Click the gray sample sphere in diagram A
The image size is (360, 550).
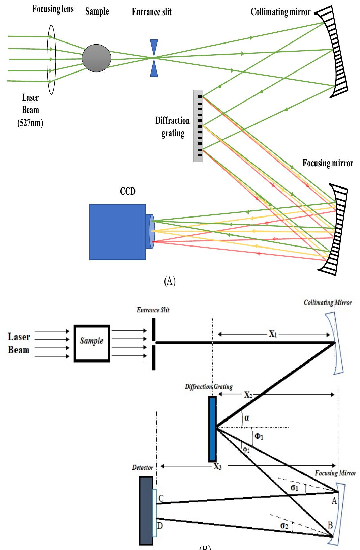click(96, 58)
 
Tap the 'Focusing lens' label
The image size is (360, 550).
click(53, 9)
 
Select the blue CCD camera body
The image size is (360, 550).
click(117, 232)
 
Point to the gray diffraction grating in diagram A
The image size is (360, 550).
click(198, 126)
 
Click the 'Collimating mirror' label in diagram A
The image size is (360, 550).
click(280, 12)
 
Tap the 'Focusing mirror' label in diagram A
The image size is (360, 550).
click(328, 163)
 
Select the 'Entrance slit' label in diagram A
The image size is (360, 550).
click(151, 12)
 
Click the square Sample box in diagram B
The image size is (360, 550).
click(92, 343)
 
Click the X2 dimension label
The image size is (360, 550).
click(248, 395)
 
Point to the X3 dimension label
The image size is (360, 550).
click(217, 467)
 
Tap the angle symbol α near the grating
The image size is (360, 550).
click(247, 418)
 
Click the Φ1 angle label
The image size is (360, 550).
click(258, 437)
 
